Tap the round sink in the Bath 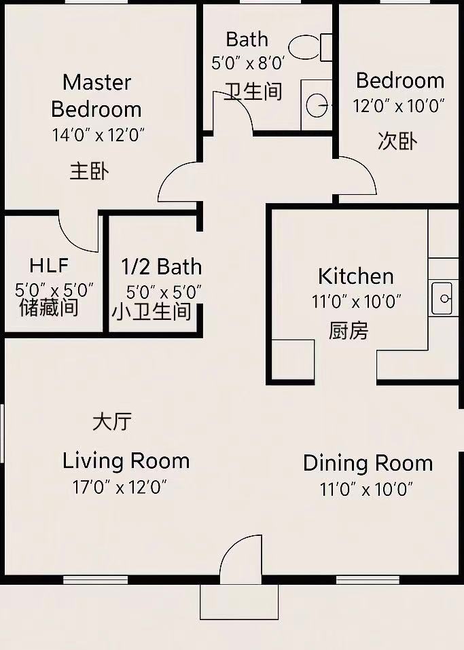(x=317, y=105)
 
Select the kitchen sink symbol (x=442, y=298)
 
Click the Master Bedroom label (x=96, y=96)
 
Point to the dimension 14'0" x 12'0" (x=99, y=135)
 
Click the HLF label (x=49, y=266)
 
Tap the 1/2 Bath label (x=161, y=266)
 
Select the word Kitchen (x=356, y=276)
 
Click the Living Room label (x=126, y=461)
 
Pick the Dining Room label (x=368, y=463)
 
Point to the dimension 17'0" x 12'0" (x=120, y=487)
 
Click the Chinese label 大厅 (x=112, y=422)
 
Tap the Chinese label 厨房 (x=349, y=331)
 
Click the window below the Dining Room (x=368, y=579)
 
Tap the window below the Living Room (x=95, y=579)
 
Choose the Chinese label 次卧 (x=397, y=141)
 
